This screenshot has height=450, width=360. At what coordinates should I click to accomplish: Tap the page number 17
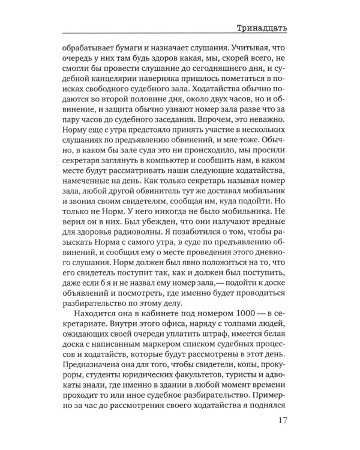pyautogui.click(x=284, y=421)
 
